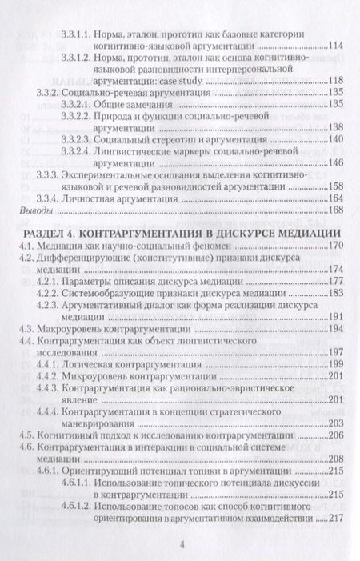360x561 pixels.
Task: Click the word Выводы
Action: (34, 210)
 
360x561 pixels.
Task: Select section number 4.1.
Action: (28, 245)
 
